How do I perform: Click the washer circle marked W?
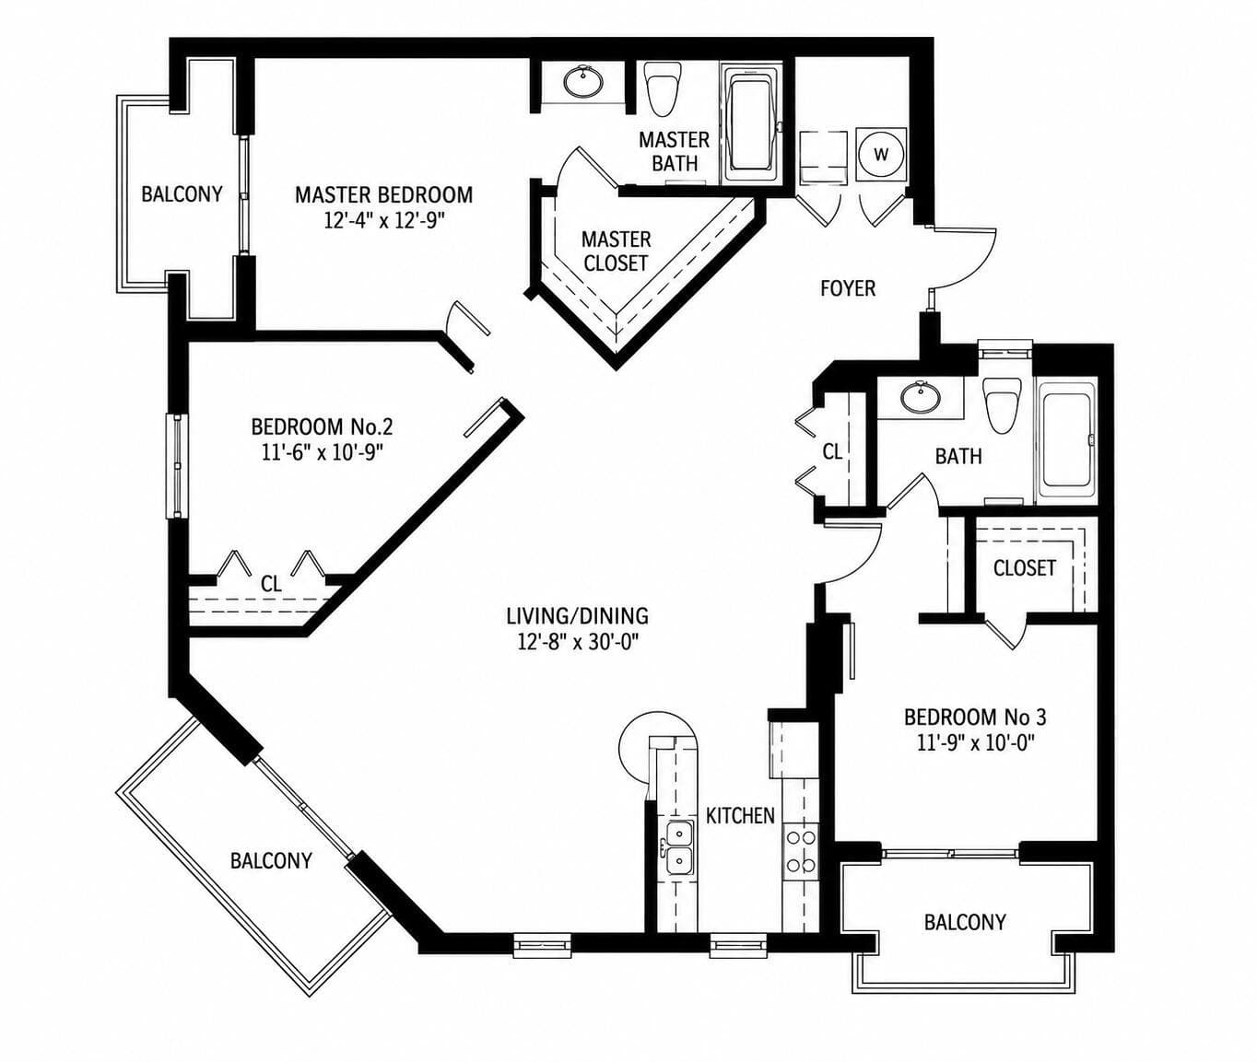point(881,155)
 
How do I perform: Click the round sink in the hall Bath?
point(920,397)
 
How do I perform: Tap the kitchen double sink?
point(679,847)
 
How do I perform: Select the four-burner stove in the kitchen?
point(801,851)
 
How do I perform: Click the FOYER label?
point(848,288)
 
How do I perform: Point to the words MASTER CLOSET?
point(616,251)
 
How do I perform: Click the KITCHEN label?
point(740,815)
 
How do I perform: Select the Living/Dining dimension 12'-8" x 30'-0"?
point(577,642)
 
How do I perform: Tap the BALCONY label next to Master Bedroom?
point(182,194)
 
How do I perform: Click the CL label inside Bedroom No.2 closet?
point(271,584)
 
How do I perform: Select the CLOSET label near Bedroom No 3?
point(1025,567)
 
